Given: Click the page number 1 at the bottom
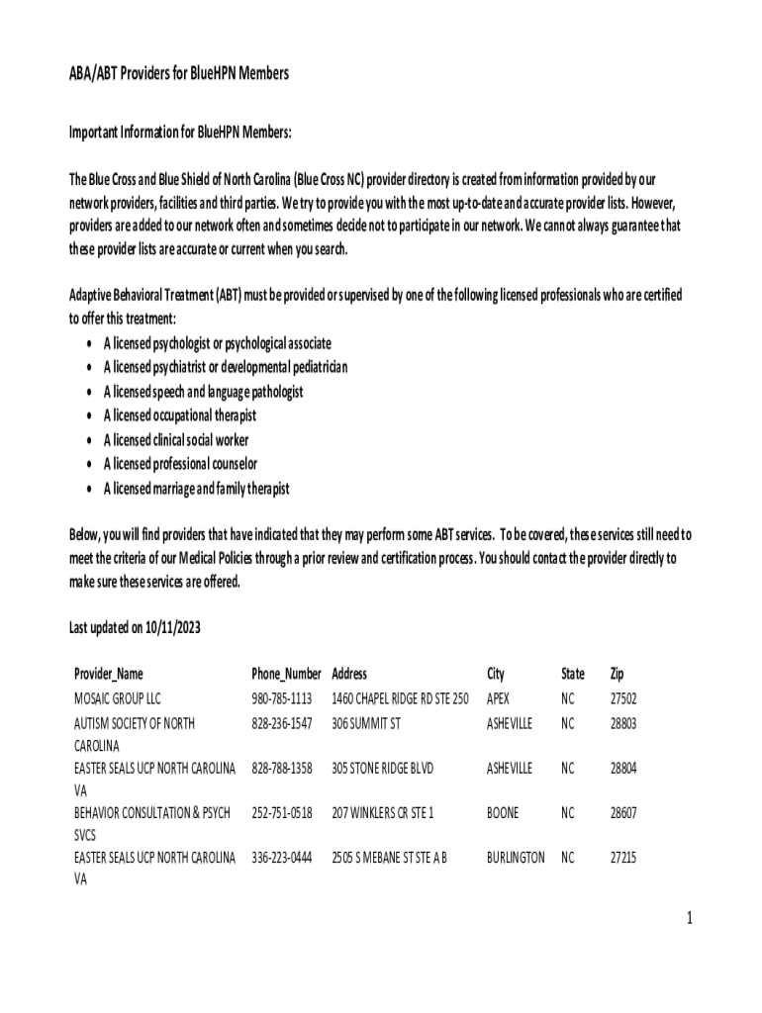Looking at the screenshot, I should pos(690,919).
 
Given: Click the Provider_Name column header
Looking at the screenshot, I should pos(108,674).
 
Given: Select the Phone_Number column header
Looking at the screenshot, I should pos(286,674).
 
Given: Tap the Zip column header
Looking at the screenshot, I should pos(617,674).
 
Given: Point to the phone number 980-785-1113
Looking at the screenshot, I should pos(282,698).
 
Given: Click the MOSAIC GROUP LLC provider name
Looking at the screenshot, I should pos(117,698).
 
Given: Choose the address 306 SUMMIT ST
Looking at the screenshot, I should pos(366,723).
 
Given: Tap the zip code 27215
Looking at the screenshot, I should pos(622,858).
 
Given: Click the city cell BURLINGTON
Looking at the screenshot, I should pos(515,858).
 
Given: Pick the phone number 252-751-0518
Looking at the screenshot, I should pos(282,812).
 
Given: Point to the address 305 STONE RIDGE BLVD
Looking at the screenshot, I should pos(382,768).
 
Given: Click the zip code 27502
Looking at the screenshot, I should pos(622,698).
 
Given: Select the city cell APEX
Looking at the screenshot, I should pos(498,698).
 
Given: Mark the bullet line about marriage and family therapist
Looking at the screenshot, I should pos(196,489).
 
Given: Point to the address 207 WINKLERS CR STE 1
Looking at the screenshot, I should pos(382,812).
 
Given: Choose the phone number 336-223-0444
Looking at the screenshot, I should pos(282,858).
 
